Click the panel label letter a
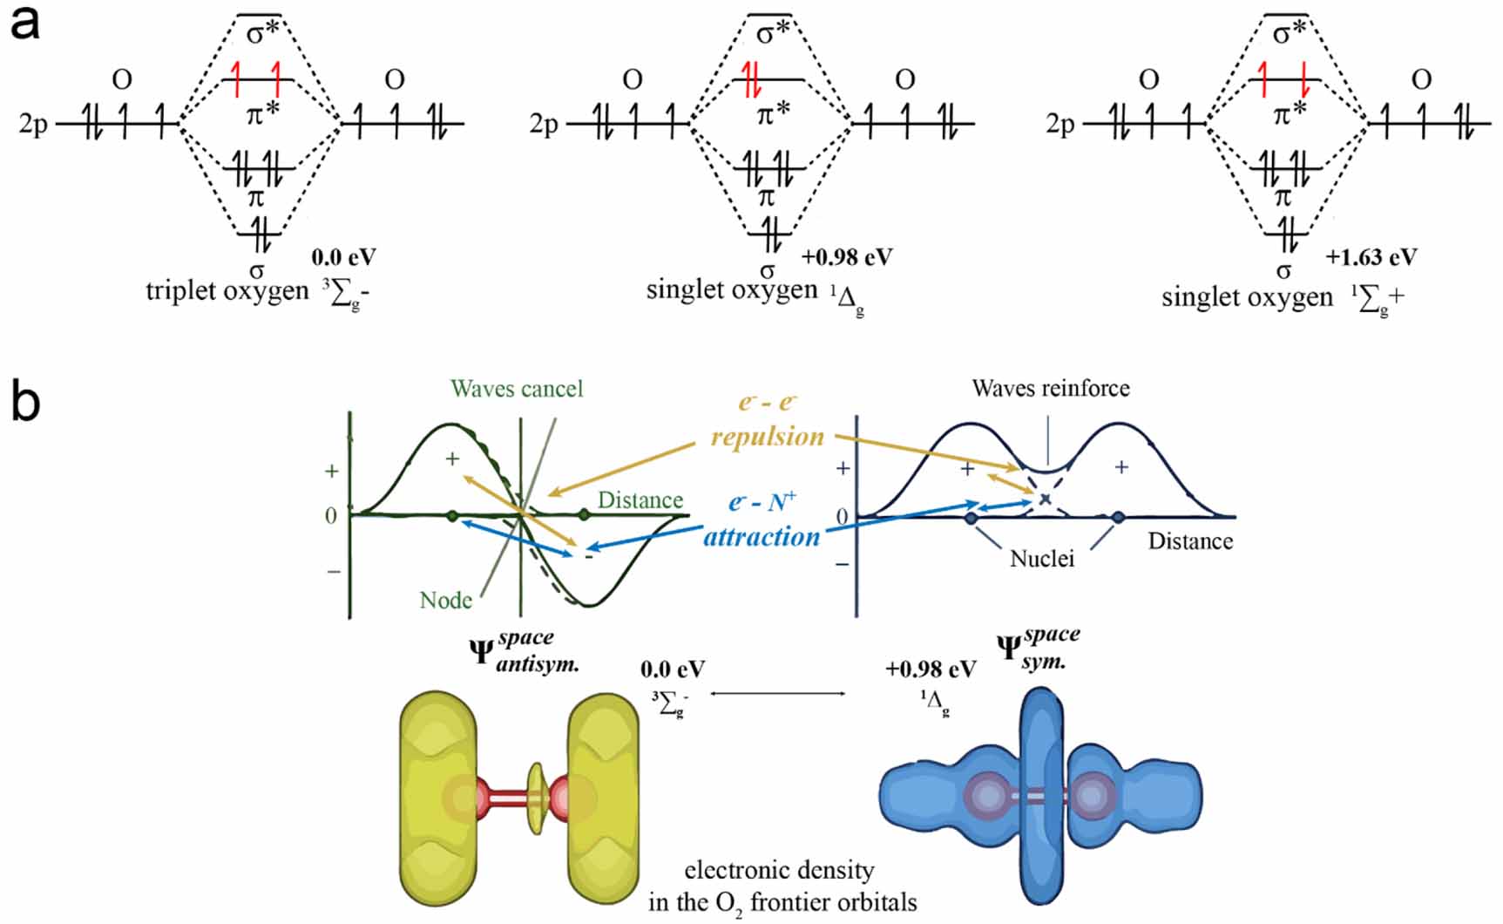24,24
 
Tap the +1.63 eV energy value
1371,257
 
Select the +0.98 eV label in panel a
847,257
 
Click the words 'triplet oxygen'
227,289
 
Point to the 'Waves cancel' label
517,389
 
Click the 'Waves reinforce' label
1050,388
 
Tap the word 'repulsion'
768,436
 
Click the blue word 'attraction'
762,536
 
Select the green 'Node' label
445,600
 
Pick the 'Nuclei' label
1041,558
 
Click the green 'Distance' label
640,500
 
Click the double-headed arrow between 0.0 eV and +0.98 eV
777,693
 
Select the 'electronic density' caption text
779,870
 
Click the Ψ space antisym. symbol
524,653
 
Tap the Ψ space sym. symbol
1037,649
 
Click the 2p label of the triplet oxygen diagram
33,124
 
